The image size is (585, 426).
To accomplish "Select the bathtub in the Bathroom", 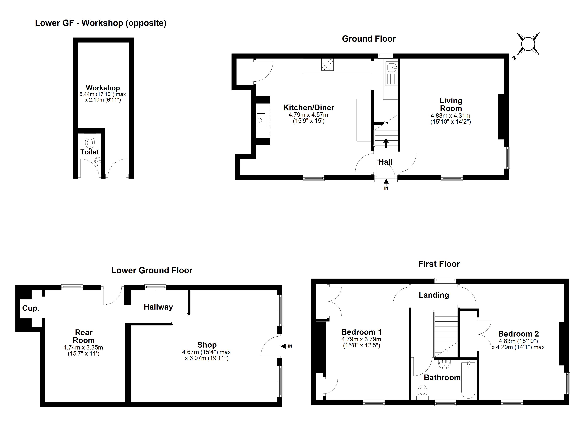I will click(x=468, y=380).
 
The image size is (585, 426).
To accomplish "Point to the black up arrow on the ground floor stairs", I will click(x=386, y=143).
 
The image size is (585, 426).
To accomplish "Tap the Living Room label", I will click(x=451, y=104).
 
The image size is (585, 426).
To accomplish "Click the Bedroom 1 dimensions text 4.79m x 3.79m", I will click(x=361, y=339).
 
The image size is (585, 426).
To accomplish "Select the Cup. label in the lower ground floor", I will click(x=31, y=308).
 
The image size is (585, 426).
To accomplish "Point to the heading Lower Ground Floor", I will click(x=152, y=271).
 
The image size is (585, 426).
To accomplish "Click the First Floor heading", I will click(x=439, y=264).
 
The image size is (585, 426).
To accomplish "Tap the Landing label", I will click(x=434, y=295).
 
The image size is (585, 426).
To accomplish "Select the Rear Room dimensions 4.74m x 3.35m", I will click(x=83, y=348).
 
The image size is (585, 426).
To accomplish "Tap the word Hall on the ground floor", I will click(x=385, y=162).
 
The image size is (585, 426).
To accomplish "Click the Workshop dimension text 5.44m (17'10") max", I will click(x=103, y=94).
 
